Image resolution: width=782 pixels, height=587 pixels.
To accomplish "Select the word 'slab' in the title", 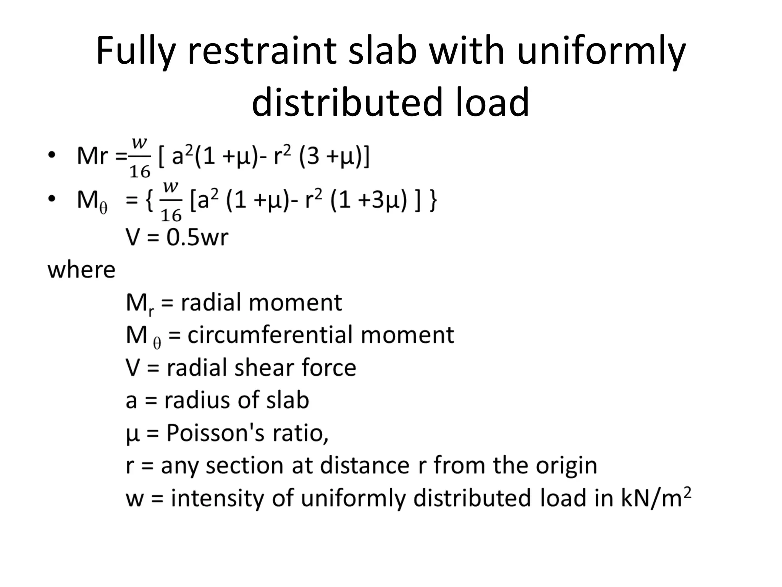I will (x=383, y=51).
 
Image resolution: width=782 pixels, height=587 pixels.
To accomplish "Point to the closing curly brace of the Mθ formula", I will (x=433, y=200).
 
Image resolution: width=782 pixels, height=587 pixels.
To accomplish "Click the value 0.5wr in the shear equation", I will (x=197, y=237).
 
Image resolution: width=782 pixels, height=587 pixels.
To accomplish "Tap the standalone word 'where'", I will (x=81, y=270).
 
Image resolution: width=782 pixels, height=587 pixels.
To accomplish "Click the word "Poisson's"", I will (x=215, y=433).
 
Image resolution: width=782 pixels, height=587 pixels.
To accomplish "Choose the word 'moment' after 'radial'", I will (x=295, y=303).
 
